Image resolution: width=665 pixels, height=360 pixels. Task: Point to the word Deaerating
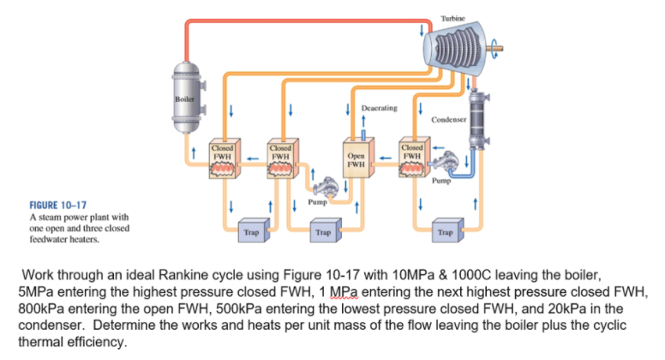tap(379, 109)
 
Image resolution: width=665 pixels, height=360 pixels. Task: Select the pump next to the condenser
tap(445, 168)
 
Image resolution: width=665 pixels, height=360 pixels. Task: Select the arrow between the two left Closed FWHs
tap(253, 158)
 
